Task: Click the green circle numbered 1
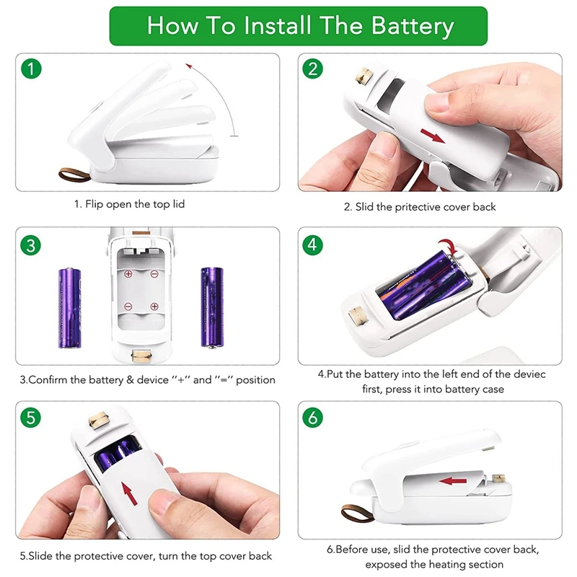tap(31, 69)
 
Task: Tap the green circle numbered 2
tap(312, 69)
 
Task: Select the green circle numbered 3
tap(31, 245)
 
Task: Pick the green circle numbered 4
tap(312, 245)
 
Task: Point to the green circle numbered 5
tap(31, 418)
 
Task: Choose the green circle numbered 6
tap(312, 418)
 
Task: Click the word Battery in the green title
tap(412, 27)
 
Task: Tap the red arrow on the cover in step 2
tap(432, 136)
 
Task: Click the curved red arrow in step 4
tap(449, 245)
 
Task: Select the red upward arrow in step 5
tap(129, 494)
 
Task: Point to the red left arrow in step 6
tap(453, 480)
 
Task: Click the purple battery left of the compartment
tap(69, 308)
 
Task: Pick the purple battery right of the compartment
tap(212, 307)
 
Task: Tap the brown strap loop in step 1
tap(74, 175)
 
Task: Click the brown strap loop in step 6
tap(357, 513)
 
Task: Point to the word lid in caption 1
tap(178, 204)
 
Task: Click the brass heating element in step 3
tap(141, 356)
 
